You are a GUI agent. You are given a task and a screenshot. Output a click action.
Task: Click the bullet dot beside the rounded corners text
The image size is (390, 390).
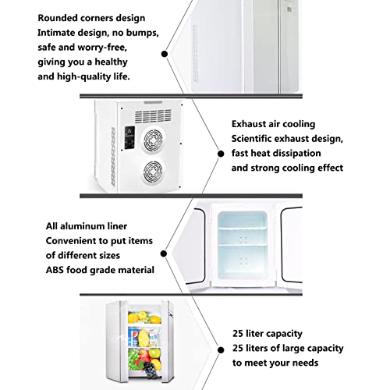(165, 54)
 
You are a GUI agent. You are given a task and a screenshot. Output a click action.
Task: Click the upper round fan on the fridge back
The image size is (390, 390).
(154, 140)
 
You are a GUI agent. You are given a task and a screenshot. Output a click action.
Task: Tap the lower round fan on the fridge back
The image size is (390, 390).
(153, 172)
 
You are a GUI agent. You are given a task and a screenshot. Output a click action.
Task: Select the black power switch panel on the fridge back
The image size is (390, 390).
(129, 137)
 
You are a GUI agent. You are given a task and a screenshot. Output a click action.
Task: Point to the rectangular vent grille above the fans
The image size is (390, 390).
(153, 115)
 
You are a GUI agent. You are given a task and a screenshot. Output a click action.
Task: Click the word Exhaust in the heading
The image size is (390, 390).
(249, 124)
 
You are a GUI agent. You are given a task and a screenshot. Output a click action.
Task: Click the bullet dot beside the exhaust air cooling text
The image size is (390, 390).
(221, 154)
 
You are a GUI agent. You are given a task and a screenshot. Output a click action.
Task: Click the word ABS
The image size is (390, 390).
(55, 270)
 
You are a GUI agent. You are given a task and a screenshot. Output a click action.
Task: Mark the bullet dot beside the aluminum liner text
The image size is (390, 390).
(164, 253)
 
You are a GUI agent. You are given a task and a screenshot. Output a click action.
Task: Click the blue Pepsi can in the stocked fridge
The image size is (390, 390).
(133, 337)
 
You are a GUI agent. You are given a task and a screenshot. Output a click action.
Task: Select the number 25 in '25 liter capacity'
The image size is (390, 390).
(238, 334)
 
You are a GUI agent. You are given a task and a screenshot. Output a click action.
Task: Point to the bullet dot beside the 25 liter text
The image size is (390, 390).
(221, 350)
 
